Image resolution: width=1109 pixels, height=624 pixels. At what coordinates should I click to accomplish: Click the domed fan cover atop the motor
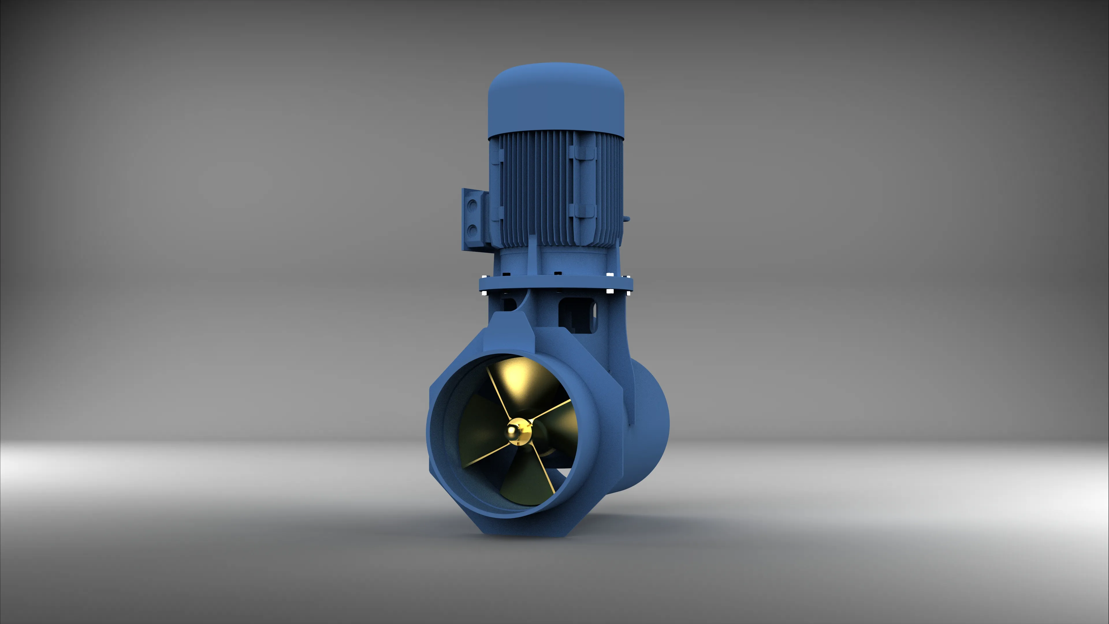click(556, 101)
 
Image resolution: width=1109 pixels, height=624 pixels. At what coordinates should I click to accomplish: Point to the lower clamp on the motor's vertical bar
click(582, 211)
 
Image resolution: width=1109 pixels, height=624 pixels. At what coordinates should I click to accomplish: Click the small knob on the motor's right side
click(627, 219)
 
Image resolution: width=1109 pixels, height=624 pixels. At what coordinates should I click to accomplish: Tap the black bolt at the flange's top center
click(558, 273)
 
